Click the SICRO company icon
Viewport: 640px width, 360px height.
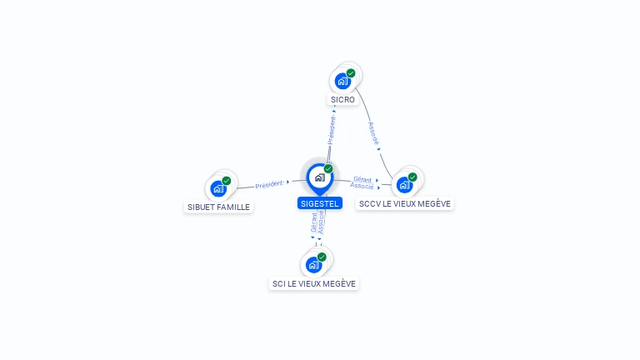[x=342, y=81]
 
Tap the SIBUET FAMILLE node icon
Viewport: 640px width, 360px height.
[x=218, y=188]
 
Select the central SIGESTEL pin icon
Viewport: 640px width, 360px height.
[x=319, y=177]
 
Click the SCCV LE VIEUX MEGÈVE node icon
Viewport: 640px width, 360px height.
[x=404, y=184]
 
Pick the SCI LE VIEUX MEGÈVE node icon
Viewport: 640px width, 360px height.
[x=314, y=264]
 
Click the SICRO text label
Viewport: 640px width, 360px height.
[x=342, y=100]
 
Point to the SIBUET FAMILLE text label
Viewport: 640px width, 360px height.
[x=218, y=207]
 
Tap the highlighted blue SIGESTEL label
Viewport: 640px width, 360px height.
[x=319, y=203]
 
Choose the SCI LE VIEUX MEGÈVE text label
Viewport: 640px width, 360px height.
[x=314, y=284]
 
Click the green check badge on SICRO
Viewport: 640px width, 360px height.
[x=351, y=73]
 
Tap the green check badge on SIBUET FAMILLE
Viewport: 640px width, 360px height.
[x=227, y=181]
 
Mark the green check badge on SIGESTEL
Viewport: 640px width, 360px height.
[x=328, y=168]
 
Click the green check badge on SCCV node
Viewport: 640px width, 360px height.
[x=412, y=177]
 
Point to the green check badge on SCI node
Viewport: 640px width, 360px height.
[x=322, y=257]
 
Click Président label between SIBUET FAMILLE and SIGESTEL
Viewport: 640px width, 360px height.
[x=269, y=184]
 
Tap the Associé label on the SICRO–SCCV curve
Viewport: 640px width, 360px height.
[x=374, y=134]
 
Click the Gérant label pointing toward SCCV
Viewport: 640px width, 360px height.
[x=362, y=179]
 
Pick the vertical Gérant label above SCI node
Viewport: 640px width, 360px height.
[x=314, y=222]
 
